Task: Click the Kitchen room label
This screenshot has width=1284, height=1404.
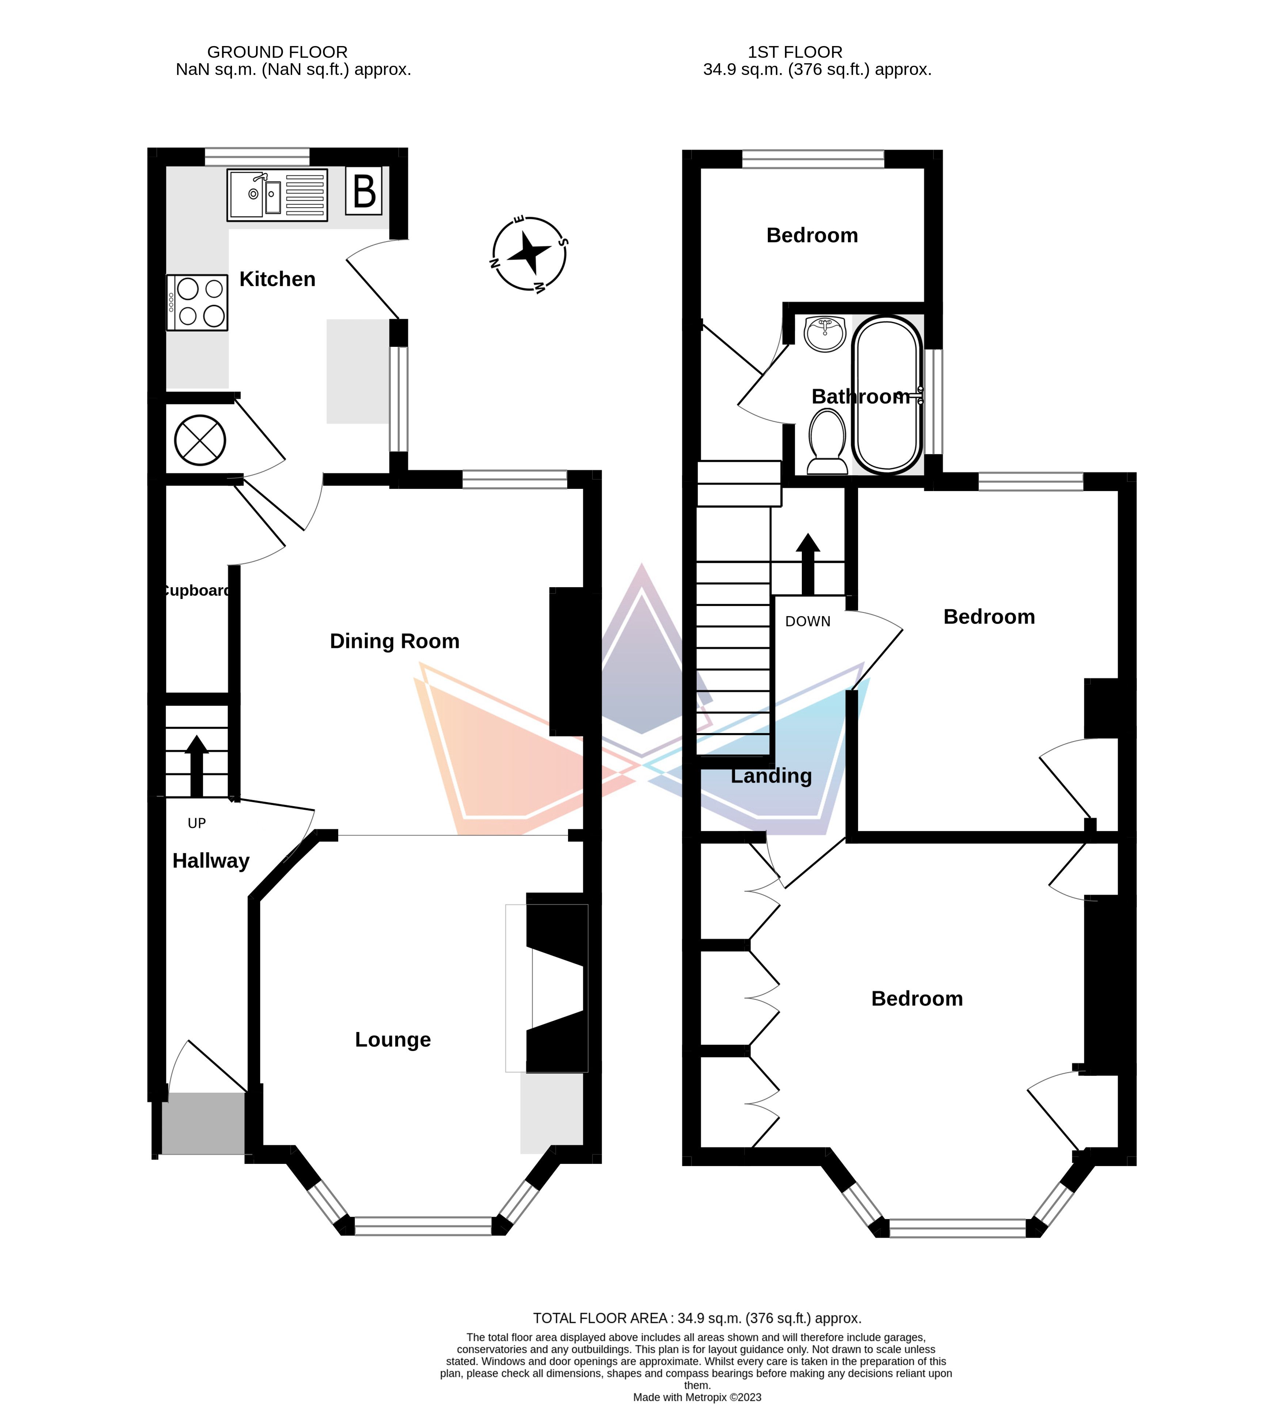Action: point(277,279)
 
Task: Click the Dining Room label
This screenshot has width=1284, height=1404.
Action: point(395,641)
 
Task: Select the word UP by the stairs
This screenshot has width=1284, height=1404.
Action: point(197,823)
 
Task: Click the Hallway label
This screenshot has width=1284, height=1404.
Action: point(211,861)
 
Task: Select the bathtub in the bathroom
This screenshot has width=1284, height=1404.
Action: point(887,395)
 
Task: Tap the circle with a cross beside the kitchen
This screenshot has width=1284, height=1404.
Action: point(200,440)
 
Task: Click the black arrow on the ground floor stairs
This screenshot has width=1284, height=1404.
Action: point(197,766)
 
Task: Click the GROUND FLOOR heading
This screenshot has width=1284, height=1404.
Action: point(277,52)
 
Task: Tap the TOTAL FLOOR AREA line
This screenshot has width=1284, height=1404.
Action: point(697,1318)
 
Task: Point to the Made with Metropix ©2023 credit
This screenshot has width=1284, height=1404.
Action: point(697,1397)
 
